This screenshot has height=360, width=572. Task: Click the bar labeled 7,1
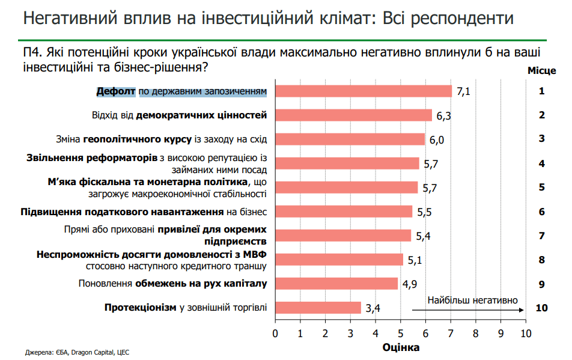click(363, 91)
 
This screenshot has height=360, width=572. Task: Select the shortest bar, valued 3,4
click(318, 308)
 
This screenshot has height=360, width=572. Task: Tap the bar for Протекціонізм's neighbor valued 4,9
click(336, 284)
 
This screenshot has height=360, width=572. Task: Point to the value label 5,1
click(415, 260)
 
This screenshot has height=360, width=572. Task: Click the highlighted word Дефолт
click(117, 91)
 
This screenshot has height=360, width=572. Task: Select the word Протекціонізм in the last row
click(141, 308)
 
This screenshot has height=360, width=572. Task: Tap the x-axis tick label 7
click(451, 332)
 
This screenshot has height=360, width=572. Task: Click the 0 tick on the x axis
click(275, 332)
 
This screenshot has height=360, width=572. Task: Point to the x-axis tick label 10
click(526, 332)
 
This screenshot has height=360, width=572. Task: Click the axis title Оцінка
click(401, 347)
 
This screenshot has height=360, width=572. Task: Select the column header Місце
click(541, 71)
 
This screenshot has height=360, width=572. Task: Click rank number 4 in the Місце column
click(541, 163)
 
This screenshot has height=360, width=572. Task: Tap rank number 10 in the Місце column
click(541, 308)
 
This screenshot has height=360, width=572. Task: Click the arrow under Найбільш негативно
click(469, 310)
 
